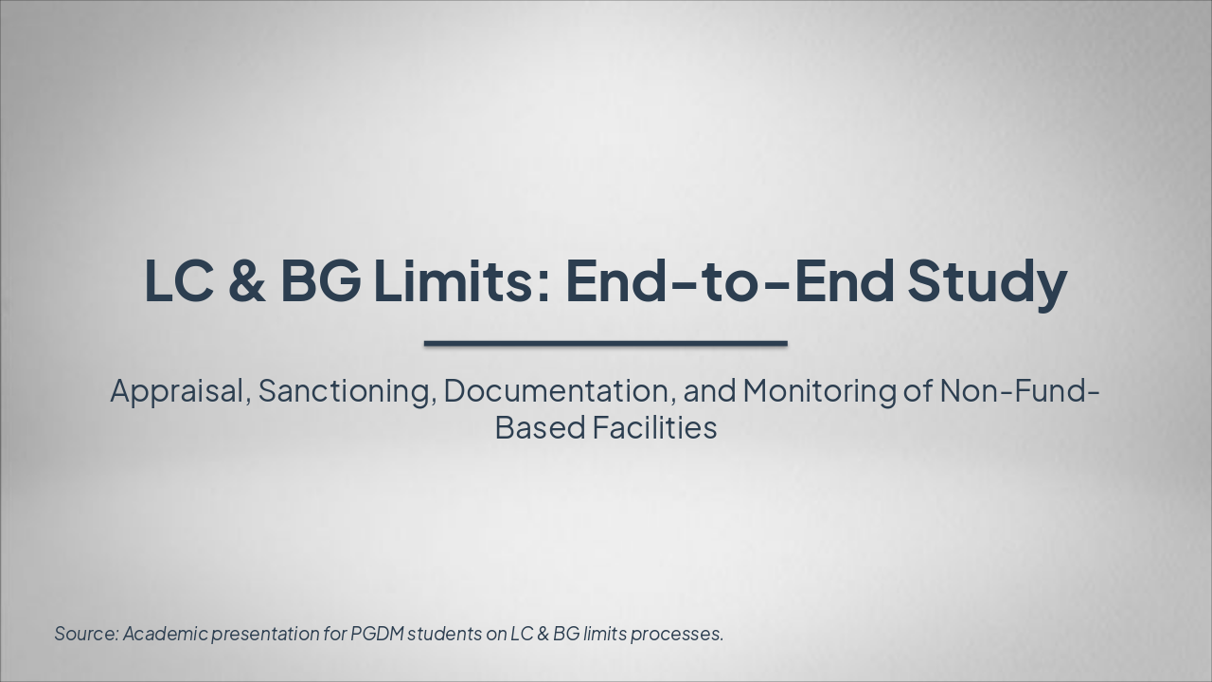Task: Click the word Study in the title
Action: point(987,281)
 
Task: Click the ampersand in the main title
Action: point(247,281)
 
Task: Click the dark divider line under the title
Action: point(605,343)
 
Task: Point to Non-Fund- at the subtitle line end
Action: point(1019,390)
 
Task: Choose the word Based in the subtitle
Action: point(540,427)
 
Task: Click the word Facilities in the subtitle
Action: point(654,427)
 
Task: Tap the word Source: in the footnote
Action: point(86,634)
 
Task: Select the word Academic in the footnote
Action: point(165,634)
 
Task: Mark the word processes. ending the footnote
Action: point(677,634)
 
